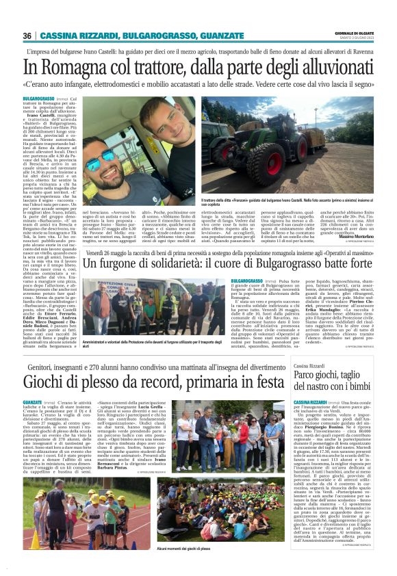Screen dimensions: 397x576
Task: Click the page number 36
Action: [x=27, y=36]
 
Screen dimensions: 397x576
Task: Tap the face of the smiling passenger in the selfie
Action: [x=163, y=127]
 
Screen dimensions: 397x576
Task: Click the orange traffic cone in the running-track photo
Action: [x=35, y=540]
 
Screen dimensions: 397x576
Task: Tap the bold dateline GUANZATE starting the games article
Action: [x=32, y=402]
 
